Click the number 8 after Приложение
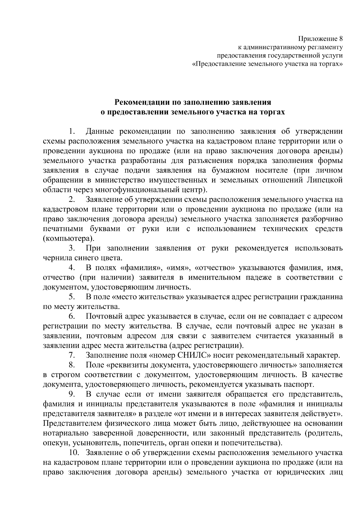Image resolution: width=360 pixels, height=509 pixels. tap(340, 39)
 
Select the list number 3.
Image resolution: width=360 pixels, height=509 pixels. tap(71, 248)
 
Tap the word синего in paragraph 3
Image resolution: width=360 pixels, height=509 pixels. tap(88, 258)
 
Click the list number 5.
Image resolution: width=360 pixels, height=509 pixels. tap(71, 297)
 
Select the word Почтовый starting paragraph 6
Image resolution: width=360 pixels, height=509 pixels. tap(103, 316)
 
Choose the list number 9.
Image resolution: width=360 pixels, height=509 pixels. tap(71, 394)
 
